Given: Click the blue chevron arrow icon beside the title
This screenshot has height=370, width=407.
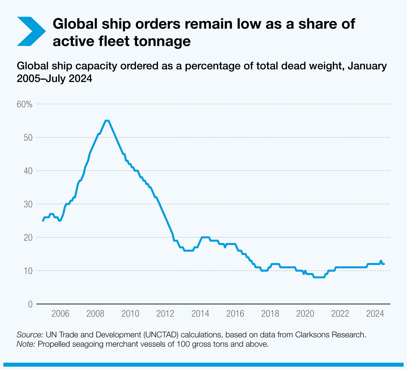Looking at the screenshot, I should pyautogui.click(x=31, y=31).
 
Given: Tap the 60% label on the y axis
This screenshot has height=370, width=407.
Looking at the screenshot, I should pyautogui.click(x=24, y=104).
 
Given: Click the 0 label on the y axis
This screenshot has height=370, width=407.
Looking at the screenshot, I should pyautogui.click(x=30, y=304).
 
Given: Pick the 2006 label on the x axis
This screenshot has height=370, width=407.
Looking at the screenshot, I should pyautogui.click(x=60, y=314).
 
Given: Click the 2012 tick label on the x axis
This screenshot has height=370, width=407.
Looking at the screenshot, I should pyautogui.click(x=165, y=314).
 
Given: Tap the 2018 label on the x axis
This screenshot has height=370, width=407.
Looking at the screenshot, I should pyautogui.click(x=270, y=314).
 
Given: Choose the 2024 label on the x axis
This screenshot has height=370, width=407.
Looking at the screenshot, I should pyautogui.click(x=375, y=314).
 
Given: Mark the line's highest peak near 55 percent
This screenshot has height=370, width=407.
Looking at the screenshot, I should pyautogui.click(x=107, y=121).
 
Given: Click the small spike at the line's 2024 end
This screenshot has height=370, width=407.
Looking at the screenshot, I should pyautogui.click(x=381, y=261).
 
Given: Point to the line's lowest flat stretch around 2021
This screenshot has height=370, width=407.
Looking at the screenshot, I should pyautogui.click(x=319, y=277).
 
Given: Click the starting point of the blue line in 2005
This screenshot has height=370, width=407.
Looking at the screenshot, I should pyautogui.click(x=43, y=220).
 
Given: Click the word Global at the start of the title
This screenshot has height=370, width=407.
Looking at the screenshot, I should pyautogui.click(x=73, y=24).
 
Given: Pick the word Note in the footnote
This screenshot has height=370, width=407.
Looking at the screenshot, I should pyautogui.click(x=26, y=344).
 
